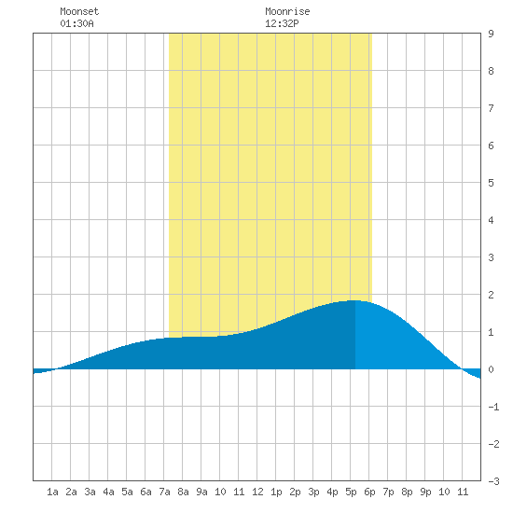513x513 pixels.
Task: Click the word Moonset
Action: coord(79,11)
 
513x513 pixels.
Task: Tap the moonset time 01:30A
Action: coord(76,23)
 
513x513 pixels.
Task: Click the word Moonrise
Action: coord(287,11)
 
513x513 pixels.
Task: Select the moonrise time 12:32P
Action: coord(282,23)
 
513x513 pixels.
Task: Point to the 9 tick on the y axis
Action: coord(491,34)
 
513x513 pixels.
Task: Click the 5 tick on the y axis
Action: coord(491,183)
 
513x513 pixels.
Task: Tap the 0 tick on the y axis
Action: coord(491,369)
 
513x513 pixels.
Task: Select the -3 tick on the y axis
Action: coord(493,481)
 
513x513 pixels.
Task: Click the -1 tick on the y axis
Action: coord(493,407)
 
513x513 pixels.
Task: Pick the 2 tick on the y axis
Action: coord(491,295)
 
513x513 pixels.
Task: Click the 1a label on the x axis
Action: coord(52,492)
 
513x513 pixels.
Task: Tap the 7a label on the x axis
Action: coord(164,492)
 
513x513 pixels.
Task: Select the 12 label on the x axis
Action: coord(257,492)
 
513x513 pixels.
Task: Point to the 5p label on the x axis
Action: coord(351,492)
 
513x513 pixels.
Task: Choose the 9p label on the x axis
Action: coord(425,492)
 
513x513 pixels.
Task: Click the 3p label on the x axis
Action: coord(313,492)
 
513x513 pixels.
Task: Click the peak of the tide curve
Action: coord(354,300)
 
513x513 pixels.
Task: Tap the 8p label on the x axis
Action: coord(407,492)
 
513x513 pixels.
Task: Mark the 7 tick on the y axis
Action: coord(491,108)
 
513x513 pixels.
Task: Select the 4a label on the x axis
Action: coord(108,492)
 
